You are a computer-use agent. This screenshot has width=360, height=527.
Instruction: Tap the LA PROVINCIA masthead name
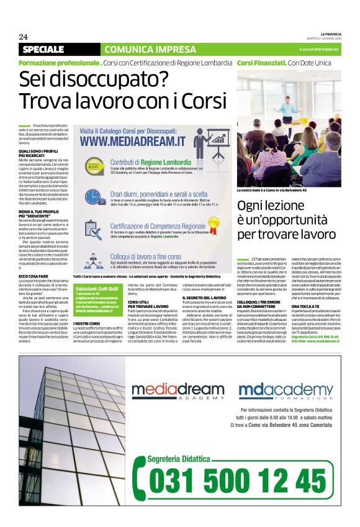pyautogui.click(x=330, y=32)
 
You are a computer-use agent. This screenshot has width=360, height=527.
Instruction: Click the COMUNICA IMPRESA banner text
pyautogui.click(x=142, y=49)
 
